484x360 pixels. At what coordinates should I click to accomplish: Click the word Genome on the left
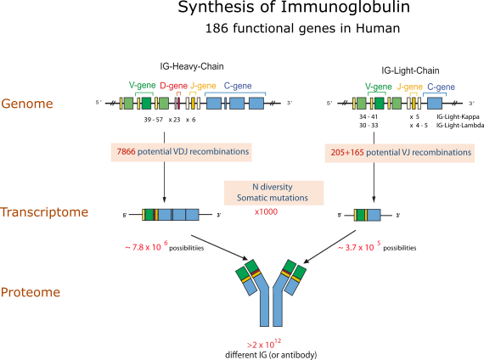(x=27, y=104)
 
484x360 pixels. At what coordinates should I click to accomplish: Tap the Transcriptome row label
(x=44, y=212)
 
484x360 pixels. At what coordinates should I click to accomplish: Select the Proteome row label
(x=31, y=292)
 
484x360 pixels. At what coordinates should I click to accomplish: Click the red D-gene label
(x=173, y=86)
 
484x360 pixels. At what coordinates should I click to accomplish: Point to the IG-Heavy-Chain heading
(x=192, y=66)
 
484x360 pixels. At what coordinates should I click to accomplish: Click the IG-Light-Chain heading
(x=410, y=70)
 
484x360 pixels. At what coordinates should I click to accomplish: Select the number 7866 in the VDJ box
(x=126, y=152)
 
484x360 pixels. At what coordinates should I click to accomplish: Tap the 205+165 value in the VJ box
(x=347, y=152)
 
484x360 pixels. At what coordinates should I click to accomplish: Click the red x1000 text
(x=266, y=211)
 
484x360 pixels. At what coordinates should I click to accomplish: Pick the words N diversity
(x=273, y=187)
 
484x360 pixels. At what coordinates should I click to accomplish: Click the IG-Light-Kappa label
(x=458, y=116)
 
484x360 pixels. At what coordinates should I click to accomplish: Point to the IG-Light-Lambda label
(x=460, y=126)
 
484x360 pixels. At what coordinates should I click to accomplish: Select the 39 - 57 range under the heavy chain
(x=153, y=120)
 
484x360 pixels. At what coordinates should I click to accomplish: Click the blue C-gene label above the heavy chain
(x=238, y=86)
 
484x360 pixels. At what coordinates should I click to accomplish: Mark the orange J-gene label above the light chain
(x=409, y=87)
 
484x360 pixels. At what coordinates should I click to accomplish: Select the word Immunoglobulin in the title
(x=345, y=7)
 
